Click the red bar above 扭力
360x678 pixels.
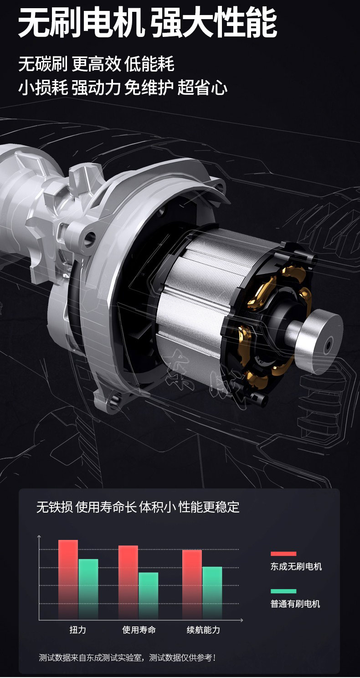tap(68, 580)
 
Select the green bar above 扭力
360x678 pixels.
tap(88, 589)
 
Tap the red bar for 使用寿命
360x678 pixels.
tap(128, 582)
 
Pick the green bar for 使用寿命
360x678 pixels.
tap(149, 596)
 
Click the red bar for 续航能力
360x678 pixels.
tap(192, 585)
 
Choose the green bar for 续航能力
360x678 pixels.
tap(212, 593)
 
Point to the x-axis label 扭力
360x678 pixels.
tap(78, 630)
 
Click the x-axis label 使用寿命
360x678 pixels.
tap(139, 630)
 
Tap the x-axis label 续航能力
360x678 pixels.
tap(203, 630)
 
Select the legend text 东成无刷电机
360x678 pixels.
tap(296, 566)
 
